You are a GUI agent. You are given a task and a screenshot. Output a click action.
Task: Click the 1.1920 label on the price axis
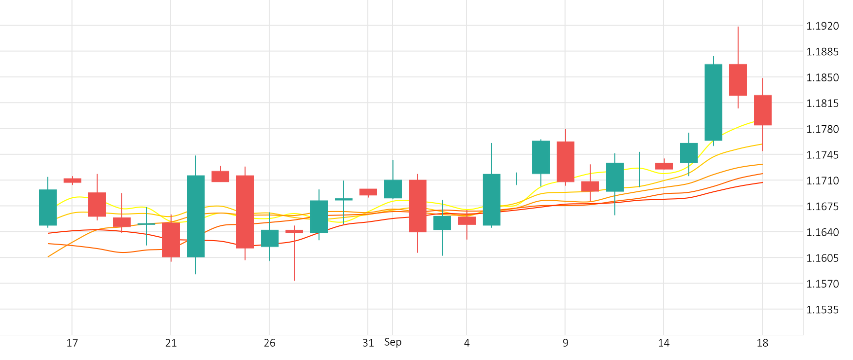click(822, 26)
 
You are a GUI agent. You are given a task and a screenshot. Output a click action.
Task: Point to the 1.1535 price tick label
click(822, 310)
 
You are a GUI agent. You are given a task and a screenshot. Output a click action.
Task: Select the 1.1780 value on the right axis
click(822, 129)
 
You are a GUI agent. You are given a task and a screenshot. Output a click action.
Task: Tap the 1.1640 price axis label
click(822, 232)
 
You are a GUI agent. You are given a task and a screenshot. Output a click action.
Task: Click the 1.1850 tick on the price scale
click(822, 77)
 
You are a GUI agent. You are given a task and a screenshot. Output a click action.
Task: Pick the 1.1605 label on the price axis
click(822, 258)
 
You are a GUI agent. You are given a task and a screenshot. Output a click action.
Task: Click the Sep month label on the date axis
click(393, 342)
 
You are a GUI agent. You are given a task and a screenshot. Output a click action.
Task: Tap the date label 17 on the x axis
click(72, 343)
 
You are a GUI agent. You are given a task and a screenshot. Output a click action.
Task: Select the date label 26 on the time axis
click(269, 343)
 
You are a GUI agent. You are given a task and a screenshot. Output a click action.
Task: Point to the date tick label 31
click(368, 343)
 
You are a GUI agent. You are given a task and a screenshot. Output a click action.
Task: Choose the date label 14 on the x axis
click(664, 343)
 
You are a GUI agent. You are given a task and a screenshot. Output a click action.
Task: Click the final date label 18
click(762, 343)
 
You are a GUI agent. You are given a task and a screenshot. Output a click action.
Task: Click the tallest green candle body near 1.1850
click(713, 102)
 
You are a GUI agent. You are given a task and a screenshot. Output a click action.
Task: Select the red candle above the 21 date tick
click(171, 240)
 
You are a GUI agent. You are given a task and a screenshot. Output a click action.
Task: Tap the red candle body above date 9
click(566, 162)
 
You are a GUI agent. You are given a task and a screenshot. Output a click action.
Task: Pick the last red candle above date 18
click(763, 110)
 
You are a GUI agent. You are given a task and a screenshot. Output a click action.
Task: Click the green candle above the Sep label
click(393, 189)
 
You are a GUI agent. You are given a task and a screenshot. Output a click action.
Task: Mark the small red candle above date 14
click(664, 166)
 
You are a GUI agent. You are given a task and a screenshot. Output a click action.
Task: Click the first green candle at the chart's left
click(48, 207)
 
